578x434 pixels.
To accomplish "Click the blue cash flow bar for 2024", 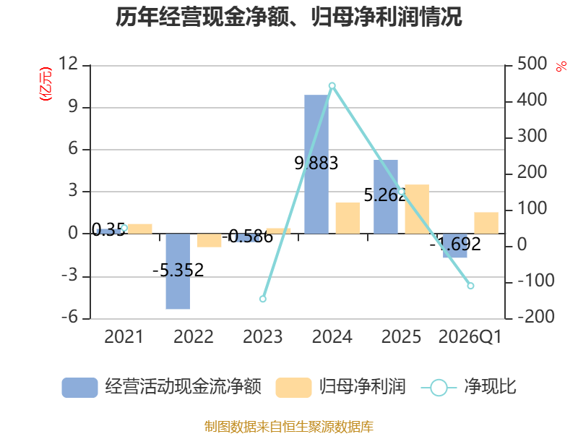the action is click(316, 164).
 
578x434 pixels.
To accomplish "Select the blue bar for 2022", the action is click(178, 271).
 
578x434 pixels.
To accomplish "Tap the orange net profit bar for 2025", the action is click(417, 209).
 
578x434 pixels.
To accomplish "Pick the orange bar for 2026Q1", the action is click(486, 223).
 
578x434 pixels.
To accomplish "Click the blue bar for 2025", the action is click(386, 197).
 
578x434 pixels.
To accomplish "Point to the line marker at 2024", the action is click(332, 86).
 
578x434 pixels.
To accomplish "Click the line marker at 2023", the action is click(263, 299).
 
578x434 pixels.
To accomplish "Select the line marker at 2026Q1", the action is click(470, 286).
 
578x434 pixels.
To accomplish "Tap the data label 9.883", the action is click(316, 163).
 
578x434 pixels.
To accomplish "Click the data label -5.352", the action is click(178, 270).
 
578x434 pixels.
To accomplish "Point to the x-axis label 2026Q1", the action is click(470, 336).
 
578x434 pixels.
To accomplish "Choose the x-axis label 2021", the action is click(124, 336).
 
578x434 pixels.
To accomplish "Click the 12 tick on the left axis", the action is click(68, 64).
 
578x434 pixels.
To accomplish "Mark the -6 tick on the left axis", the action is click(70, 317).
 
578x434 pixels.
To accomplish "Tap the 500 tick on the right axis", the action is click(532, 64).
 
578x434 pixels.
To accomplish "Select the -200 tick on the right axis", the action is click(536, 317).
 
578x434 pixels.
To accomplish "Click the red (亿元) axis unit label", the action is click(46, 84).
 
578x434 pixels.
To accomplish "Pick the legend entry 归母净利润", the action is click(340, 387).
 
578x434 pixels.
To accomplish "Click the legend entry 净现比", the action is click(468, 387).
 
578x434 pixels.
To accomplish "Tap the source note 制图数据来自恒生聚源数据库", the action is click(289, 427).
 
